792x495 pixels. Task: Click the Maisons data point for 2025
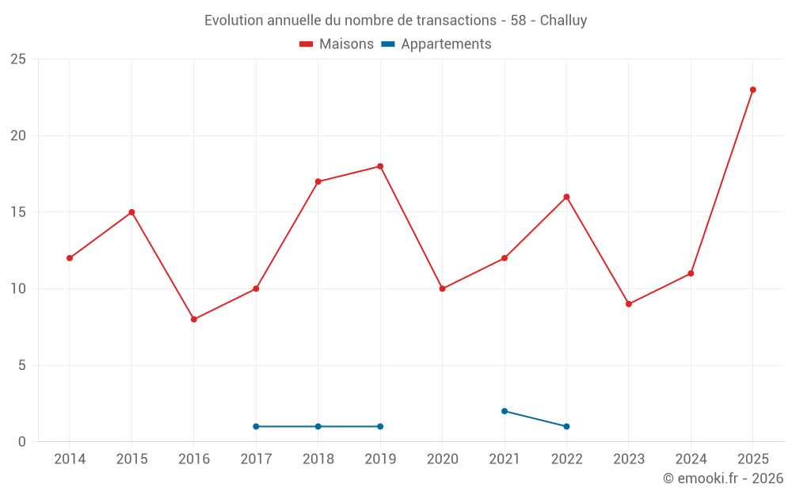coord(752,90)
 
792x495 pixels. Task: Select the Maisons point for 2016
coord(194,319)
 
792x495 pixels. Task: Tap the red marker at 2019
coord(380,166)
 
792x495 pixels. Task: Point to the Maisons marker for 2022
coord(566,197)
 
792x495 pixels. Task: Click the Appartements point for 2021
coord(504,411)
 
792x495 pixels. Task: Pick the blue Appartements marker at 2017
coord(256,426)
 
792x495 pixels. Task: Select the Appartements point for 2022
coord(566,426)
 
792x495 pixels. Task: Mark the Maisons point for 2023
coord(628,304)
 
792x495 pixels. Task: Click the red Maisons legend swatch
coord(306,44)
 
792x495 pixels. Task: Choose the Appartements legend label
coord(446,44)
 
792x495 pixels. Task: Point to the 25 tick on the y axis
coord(18,59)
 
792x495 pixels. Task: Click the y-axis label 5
coord(21,365)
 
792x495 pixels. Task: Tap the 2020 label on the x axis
coord(443,459)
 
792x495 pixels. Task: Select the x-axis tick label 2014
coord(70,459)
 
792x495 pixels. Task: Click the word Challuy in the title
coord(563,21)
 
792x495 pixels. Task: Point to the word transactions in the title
coord(456,21)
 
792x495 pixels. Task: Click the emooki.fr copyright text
coord(723,478)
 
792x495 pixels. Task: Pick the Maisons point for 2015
coord(131,212)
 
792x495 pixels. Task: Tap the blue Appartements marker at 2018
coord(318,426)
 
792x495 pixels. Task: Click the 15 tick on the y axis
coord(18,212)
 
